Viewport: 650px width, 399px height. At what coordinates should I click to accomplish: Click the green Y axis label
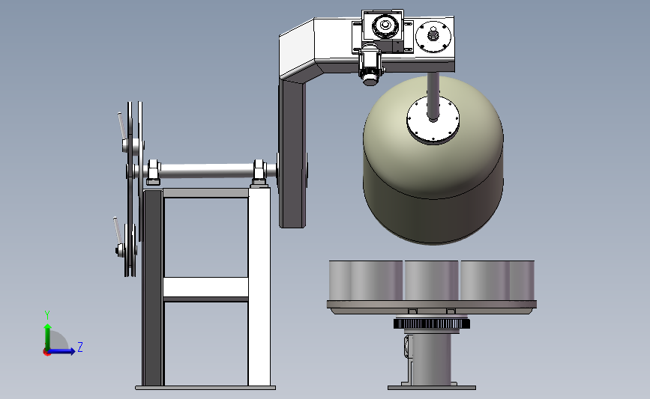47,315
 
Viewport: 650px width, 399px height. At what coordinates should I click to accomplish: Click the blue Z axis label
80,347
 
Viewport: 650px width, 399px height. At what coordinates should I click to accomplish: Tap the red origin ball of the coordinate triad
46,353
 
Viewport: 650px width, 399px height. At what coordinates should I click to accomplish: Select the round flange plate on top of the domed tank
433,121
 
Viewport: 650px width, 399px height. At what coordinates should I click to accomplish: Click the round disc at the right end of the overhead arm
433,37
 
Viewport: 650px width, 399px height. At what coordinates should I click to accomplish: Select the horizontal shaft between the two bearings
207,171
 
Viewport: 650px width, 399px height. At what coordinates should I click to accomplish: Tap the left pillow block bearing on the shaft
153,172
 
